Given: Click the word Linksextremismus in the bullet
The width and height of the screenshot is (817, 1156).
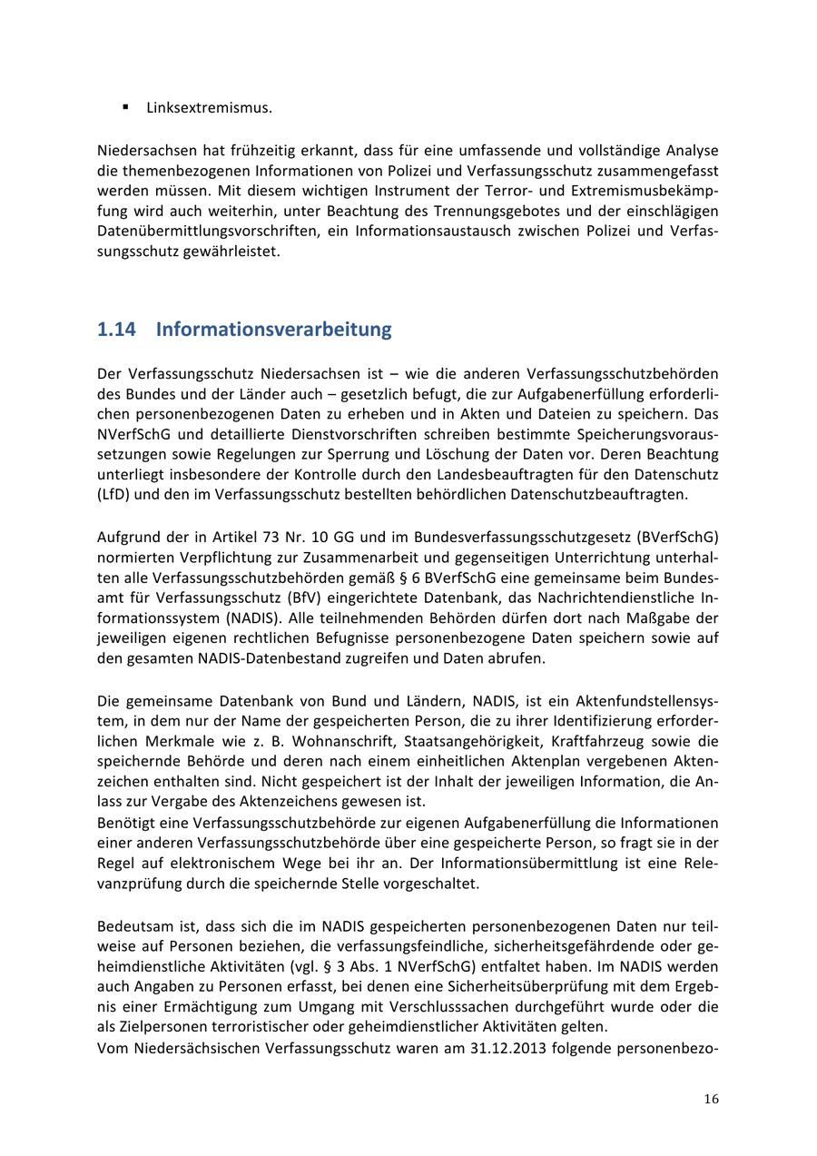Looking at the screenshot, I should pyautogui.click(x=209, y=108).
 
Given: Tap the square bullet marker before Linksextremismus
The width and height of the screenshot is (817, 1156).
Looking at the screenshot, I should pyautogui.click(x=125, y=107).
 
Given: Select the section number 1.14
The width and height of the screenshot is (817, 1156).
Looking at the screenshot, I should pyautogui.click(x=116, y=329).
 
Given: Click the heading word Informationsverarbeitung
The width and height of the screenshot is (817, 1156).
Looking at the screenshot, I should pyautogui.click(x=273, y=329).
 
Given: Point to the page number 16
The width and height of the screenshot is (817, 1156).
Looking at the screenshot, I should pyautogui.click(x=711, y=1099).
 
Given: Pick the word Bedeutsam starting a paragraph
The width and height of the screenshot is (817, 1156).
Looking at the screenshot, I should pyautogui.click(x=130, y=927).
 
